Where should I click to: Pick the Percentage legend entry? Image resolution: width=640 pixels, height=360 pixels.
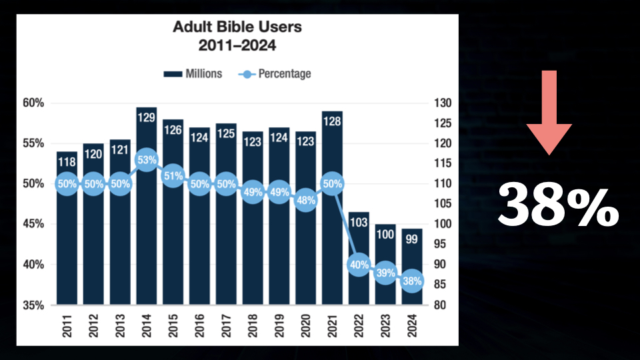click(275, 74)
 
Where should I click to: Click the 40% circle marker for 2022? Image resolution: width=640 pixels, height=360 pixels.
click(359, 265)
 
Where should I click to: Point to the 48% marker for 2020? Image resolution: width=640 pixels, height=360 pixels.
click(306, 200)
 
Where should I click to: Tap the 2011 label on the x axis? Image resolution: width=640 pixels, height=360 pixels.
click(67, 327)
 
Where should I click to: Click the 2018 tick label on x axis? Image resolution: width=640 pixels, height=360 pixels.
click(253, 327)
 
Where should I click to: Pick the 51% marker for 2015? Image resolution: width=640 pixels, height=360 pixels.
click(173, 175)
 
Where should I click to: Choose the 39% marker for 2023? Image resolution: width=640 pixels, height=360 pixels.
click(385, 273)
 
